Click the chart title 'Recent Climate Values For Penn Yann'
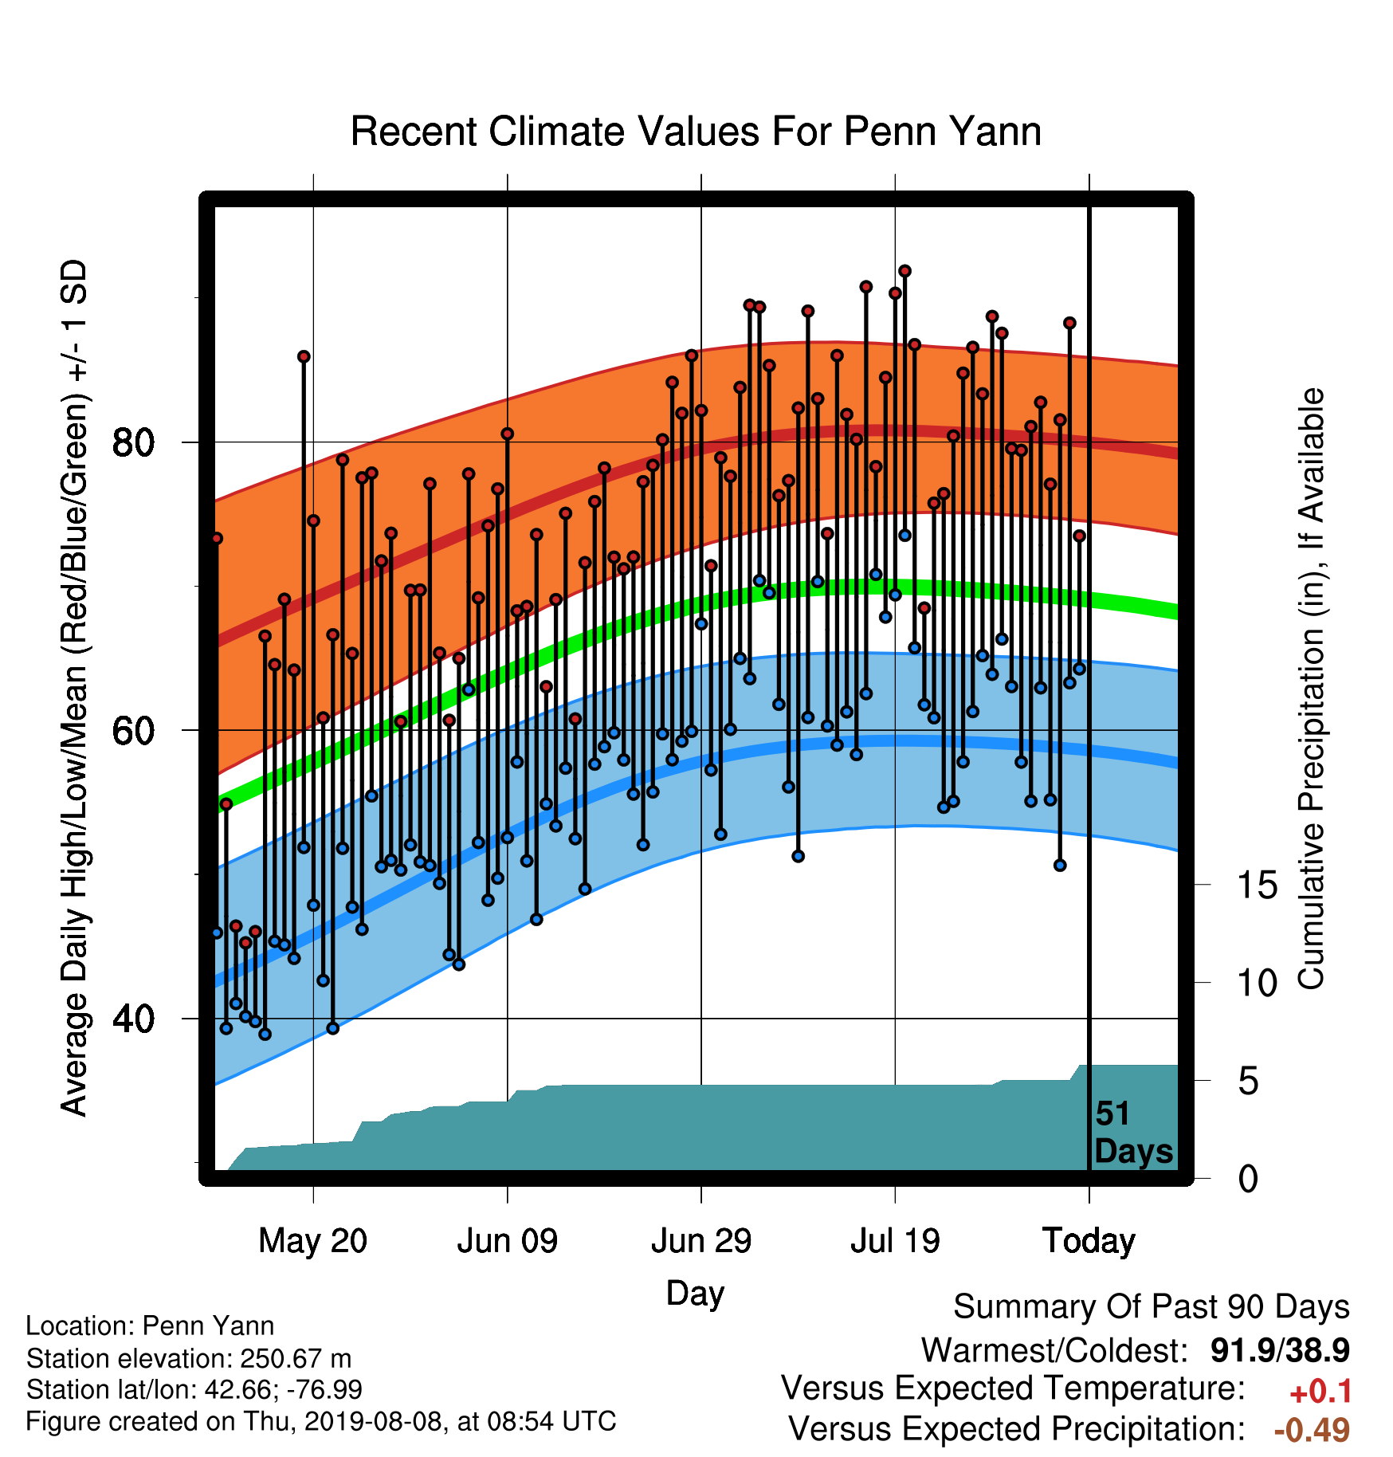tap(696, 132)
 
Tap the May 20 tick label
tap(313, 1241)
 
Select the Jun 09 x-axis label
tap(508, 1241)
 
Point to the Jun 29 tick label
tap(701, 1241)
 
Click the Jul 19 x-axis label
tap(895, 1241)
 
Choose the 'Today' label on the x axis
tap(1089, 1241)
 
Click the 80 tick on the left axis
tap(133, 442)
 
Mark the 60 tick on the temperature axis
tap(133, 731)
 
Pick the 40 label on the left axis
tap(133, 1019)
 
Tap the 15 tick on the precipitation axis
tap(1258, 885)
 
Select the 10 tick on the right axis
tap(1258, 983)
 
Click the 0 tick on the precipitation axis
tap(1248, 1178)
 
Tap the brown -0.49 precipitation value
tap(1313, 1430)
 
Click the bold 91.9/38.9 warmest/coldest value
tap(1280, 1350)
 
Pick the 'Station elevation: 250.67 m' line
tap(189, 1357)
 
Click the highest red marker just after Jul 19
tap(904, 272)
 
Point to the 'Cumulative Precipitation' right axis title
tap(1312, 689)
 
